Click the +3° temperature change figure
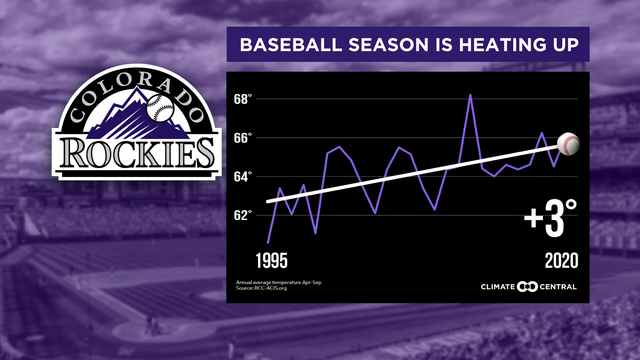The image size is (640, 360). [551, 218]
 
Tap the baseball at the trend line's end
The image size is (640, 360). [567, 144]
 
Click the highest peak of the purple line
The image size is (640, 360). [470, 95]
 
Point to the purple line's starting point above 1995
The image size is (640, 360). [268, 242]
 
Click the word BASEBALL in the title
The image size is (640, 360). [289, 45]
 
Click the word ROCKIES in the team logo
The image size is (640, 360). [137, 152]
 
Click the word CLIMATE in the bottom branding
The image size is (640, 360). [491, 290]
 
